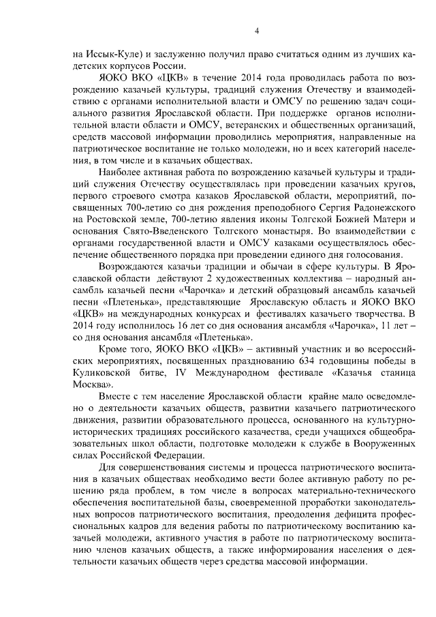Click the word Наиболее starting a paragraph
pos(125,170)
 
